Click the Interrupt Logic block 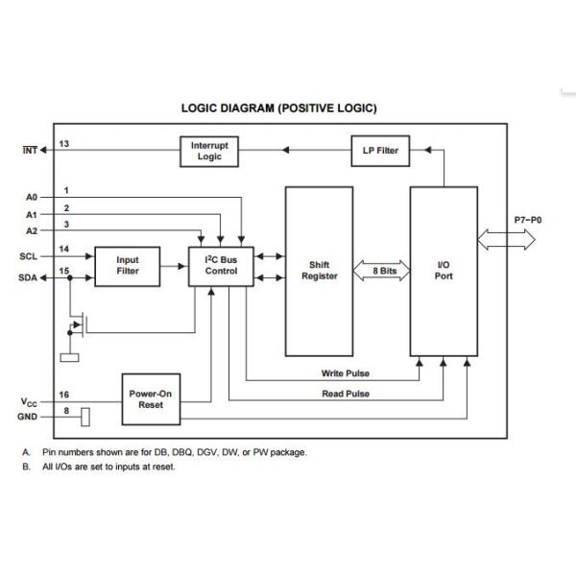coord(209,151)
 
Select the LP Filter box coord(380,151)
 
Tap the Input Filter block coord(128,265)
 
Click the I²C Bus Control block coord(221,265)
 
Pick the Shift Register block coord(319,271)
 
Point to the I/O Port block coord(443,271)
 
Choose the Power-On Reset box coord(152,399)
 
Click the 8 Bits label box coord(384,272)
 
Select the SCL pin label coord(29,256)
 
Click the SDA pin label coord(29,277)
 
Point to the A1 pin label coord(31,214)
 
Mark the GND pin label coord(29,418)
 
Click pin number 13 coord(64,143)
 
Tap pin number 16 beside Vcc coord(64,395)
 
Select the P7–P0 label coord(527,220)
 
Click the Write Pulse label coord(346,373)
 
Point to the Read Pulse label coord(346,394)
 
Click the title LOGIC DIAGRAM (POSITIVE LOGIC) coord(278,108)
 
